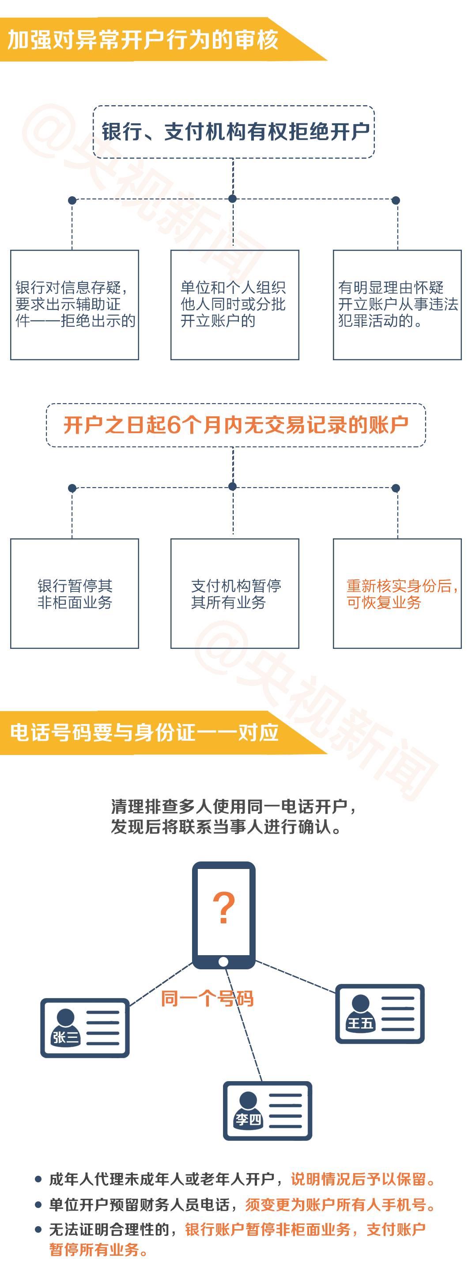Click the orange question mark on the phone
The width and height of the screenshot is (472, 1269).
point(223,907)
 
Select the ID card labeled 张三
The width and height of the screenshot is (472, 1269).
point(85,1028)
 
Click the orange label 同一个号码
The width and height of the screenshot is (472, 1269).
point(207,998)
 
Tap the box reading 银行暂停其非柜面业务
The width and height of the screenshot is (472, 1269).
point(74,594)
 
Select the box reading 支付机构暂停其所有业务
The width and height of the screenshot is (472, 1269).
point(235,594)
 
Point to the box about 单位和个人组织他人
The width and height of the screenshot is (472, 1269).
point(235,305)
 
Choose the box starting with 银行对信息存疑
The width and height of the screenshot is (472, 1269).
point(74,305)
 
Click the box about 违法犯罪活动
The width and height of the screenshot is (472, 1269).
point(397,305)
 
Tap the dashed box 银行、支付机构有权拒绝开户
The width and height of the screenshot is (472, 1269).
point(234,132)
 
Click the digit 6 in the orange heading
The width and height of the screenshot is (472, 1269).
point(174,425)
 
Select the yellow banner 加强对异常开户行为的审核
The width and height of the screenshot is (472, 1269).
point(162,39)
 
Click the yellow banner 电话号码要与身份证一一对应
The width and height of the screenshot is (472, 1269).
point(162,732)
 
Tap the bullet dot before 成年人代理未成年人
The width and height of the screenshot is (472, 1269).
point(38,1179)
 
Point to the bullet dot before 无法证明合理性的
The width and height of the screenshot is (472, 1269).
point(38,1230)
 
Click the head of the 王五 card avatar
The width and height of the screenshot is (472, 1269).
point(360,1003)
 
